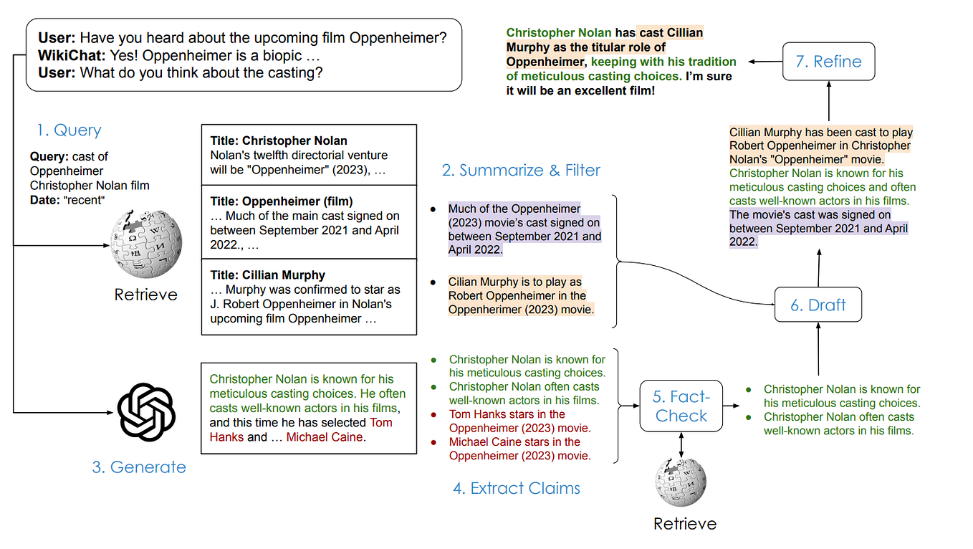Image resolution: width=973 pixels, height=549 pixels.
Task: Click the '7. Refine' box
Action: coord(828,61)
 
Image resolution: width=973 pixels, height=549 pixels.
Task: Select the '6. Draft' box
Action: coord(818,305)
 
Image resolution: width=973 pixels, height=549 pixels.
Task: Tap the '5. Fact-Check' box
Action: coord(681,406)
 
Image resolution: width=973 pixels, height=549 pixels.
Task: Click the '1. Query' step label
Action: coord(69,130)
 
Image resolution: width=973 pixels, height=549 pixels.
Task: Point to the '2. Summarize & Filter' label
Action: coord(521,171)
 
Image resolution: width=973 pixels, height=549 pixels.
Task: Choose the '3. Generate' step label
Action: coord(139,467)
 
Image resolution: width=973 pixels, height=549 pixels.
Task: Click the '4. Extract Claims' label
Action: coord(517,489)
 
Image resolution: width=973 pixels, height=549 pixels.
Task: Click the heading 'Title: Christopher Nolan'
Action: coord(279,140)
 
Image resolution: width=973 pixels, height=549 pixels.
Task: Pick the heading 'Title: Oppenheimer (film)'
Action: coord(282,201)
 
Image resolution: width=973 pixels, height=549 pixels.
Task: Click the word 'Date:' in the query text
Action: coord(45,200)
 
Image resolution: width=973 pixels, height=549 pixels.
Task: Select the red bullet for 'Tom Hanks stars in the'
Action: coord(433,414)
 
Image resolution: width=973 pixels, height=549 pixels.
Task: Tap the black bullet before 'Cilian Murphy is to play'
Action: coord(433,282)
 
